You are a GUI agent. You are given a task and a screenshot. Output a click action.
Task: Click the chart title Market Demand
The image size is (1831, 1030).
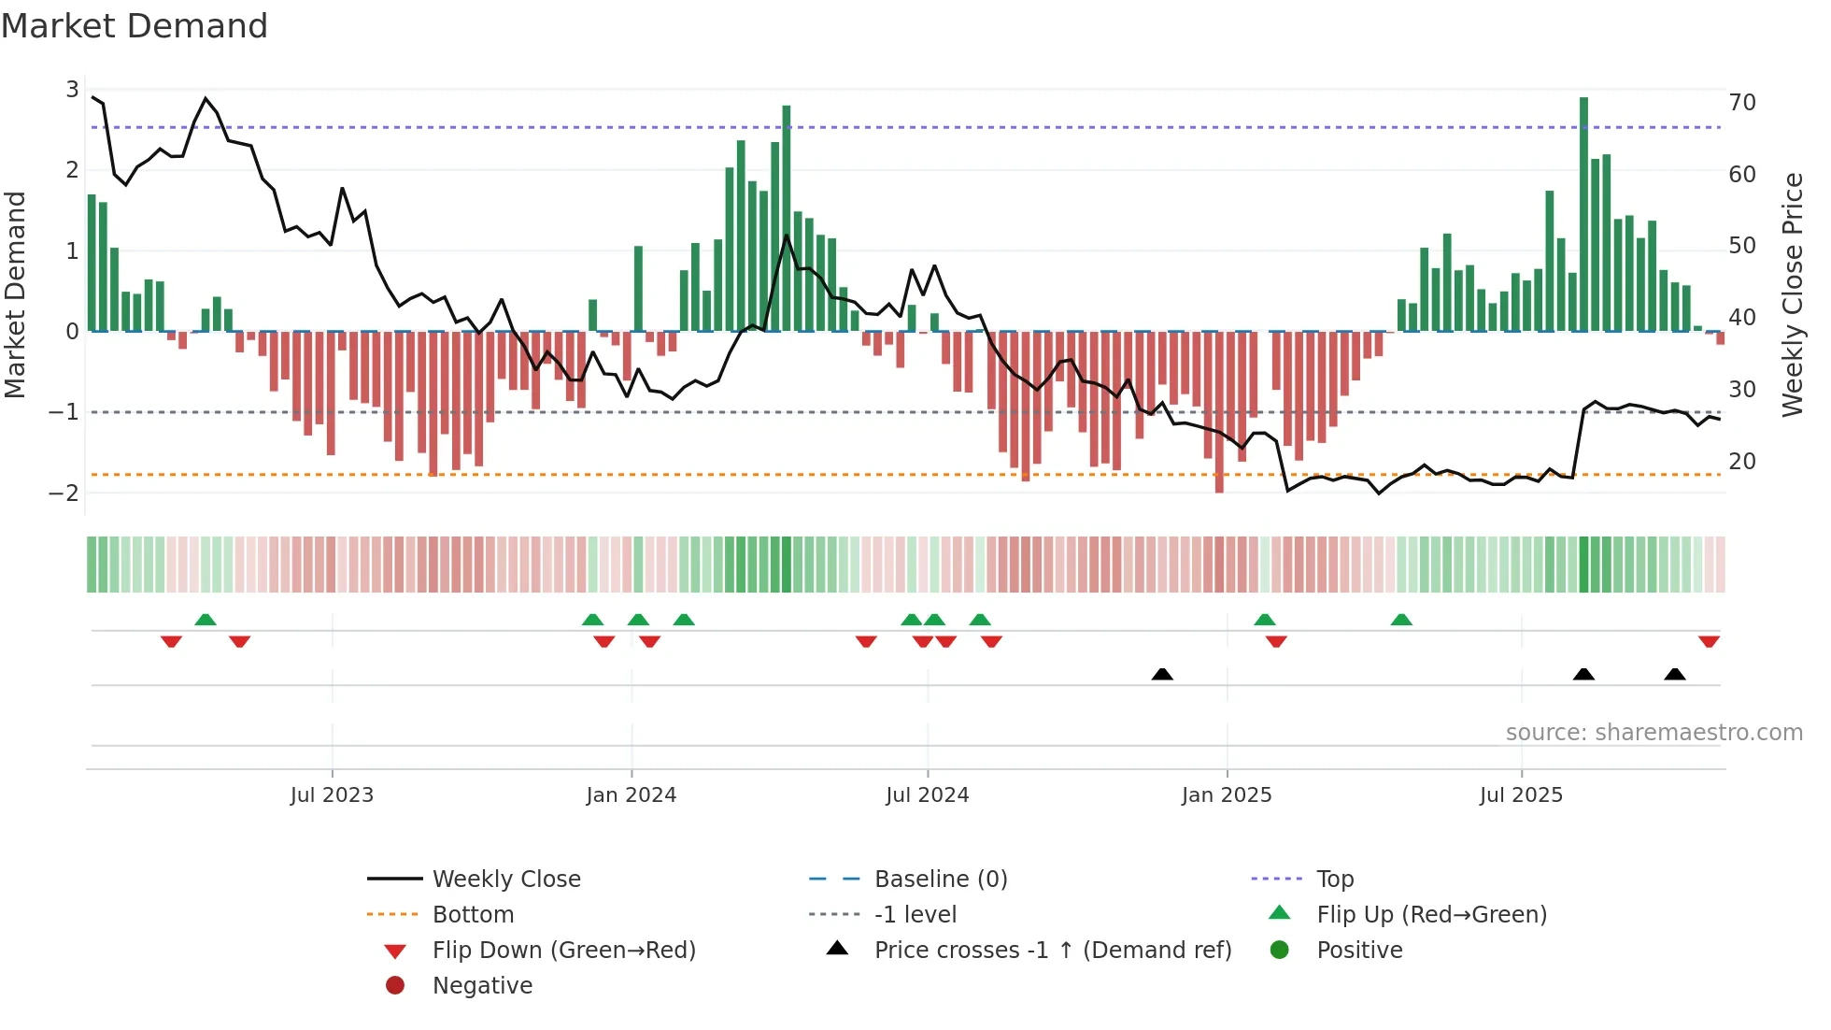135,26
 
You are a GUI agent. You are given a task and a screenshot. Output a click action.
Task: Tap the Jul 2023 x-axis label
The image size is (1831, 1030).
332,795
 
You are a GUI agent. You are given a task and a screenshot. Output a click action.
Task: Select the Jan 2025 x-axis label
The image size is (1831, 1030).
1226,795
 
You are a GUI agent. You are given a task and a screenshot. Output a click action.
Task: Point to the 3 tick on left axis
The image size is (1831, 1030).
72,90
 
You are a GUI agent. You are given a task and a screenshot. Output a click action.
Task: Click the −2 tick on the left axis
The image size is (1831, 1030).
64,493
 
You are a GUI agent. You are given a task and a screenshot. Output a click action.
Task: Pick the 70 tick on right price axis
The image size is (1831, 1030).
1741,103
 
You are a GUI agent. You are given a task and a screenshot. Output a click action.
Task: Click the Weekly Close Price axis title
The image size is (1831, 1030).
1792,294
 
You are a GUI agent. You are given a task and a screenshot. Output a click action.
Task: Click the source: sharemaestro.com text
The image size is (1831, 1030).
1654,733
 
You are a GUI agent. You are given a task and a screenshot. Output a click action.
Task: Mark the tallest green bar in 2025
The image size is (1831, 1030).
1583,215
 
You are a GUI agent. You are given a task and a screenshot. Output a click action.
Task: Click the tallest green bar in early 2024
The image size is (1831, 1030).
787,220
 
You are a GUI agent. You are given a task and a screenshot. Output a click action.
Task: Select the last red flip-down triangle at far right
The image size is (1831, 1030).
1709,642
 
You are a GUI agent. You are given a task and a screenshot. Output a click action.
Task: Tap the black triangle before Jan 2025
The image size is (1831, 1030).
1162,674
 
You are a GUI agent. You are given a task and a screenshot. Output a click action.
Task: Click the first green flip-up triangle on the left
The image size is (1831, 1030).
206,620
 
